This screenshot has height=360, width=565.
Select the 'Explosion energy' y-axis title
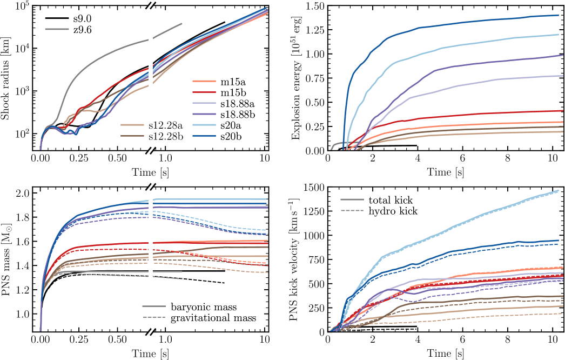(x=296, y=76)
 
